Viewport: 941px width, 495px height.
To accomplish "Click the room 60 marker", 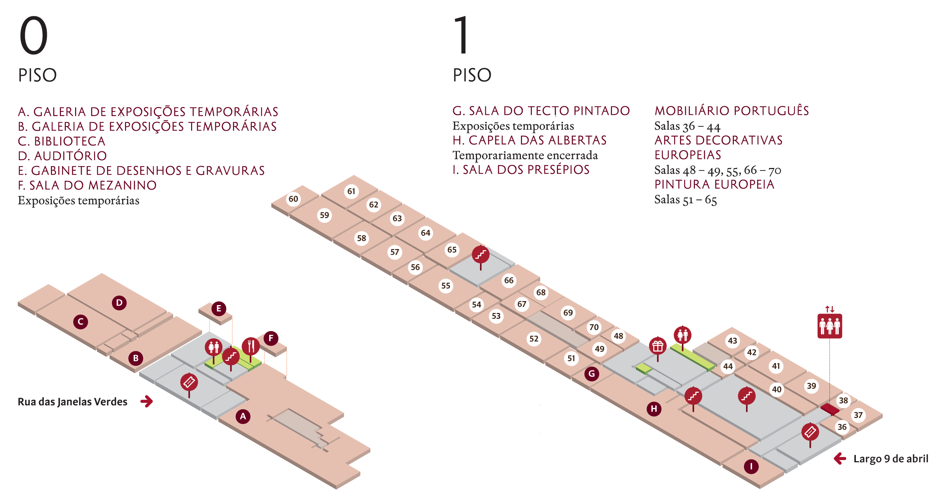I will click(293, 199).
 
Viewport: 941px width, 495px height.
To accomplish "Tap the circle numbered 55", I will click(446, 285).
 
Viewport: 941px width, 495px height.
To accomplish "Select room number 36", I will click(842, 427).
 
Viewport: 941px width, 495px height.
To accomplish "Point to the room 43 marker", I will click(732, 340).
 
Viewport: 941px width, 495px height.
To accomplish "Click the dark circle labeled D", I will click(119, 302).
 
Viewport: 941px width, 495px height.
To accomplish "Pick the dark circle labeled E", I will click(219, 308).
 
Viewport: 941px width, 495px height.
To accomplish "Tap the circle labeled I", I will click(751, 466).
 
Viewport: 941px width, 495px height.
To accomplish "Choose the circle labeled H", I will click(654, 409).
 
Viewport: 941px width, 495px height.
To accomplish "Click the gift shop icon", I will click(658, 346).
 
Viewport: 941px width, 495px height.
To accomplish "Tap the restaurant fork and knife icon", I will click(251, 346).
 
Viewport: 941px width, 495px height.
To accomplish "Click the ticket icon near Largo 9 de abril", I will click(810, 432).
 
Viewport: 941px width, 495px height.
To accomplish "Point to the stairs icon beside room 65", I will click(480, 255).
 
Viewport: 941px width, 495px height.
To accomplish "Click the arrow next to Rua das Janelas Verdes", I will click(147, 401).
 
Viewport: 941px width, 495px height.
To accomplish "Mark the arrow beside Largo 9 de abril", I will click(840, 459).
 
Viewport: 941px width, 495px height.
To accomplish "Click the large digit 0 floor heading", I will click(33, 36).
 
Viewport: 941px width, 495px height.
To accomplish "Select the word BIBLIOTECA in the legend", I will click(70, 141).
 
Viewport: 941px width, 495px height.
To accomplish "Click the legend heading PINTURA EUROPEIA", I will click(714, 184).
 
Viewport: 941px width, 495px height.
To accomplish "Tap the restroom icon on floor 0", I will click(213, 347).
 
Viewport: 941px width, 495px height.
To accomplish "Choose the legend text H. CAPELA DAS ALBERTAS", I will click(529, 140).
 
